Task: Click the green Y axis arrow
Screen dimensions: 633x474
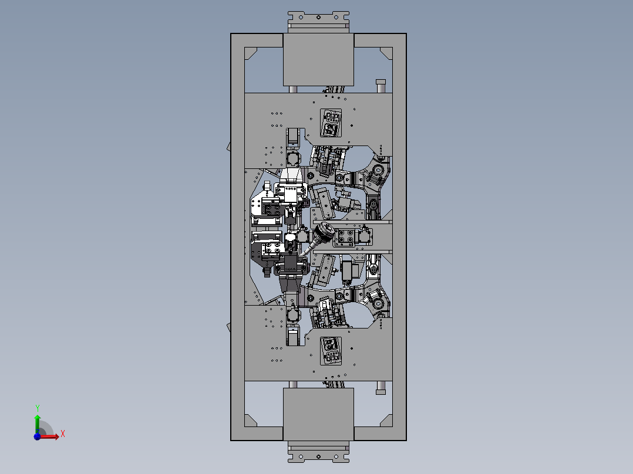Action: tap(38, 424)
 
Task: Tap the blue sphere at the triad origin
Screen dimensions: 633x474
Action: tap(37, 436)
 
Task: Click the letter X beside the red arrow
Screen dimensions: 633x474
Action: tap(63, 434)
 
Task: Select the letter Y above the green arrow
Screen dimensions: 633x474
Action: tap(37, 408)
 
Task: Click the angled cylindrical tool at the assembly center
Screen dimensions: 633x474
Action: tap(318, 239)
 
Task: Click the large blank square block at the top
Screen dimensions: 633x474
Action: tap(318, 60)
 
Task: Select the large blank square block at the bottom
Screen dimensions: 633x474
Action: tap(318, 414)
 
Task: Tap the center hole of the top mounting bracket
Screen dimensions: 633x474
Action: tap(318, 18)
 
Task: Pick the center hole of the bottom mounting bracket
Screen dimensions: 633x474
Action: tap(318, 456)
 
